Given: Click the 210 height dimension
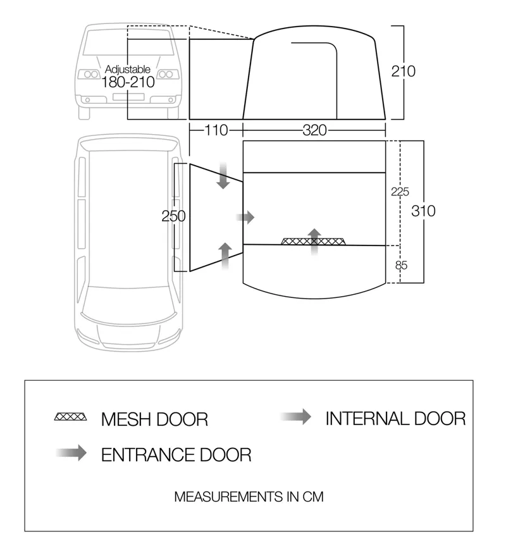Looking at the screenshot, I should pyautogui.click(x=403, y=71).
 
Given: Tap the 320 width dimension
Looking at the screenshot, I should pyautogui.click(x=314, y=131).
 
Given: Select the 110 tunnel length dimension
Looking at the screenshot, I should pyautogui.click(x=216, y=131).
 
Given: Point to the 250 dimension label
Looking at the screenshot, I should pyautogui.click(x=173, y=216).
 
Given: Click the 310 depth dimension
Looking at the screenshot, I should pyautogui.click(x=423, y=211).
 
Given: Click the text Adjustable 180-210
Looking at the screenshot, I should pyautogui.click(x=127, y=76).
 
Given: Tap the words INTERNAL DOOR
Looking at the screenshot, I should pyautogui.click(x=395, y=418).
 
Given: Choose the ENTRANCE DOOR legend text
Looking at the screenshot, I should pyautogui.click(x=176, y=454).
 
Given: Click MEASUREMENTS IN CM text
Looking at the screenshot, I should pyautogui.click(x=249, y=497).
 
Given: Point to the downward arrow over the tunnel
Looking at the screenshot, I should pyautogui.click(x=223, y=175).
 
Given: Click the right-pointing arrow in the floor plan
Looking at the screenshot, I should pyautogui.click(x=245, y=217).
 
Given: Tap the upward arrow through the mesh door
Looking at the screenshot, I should pyautogui.click(x=314, y=239).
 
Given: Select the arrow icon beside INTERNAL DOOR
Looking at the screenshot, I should pyautogui.click(x=296, y=416).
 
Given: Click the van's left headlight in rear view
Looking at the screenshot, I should pyautogui.click(x=87, y=75).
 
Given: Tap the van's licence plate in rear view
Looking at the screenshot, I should pyautogui.click(x=128, y=97).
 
